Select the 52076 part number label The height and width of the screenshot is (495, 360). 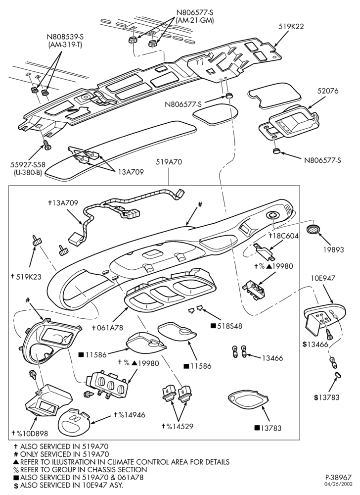coord(327,91)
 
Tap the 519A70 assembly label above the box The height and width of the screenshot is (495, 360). coord(169,162)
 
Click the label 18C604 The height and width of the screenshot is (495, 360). coord(283,236)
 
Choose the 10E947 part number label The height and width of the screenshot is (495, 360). coord(322,278)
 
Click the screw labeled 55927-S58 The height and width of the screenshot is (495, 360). coord(48,146)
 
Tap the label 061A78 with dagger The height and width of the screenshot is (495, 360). coord(107,328)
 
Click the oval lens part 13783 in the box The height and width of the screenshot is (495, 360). coord(248,400)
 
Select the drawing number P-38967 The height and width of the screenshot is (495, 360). coord(338,477)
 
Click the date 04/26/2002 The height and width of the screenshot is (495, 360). coord(339,484)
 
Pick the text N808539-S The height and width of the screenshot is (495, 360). coord(65,38)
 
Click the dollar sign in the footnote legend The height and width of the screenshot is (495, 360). coord(16,485)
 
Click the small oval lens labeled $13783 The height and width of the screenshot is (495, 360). coord(337,375)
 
